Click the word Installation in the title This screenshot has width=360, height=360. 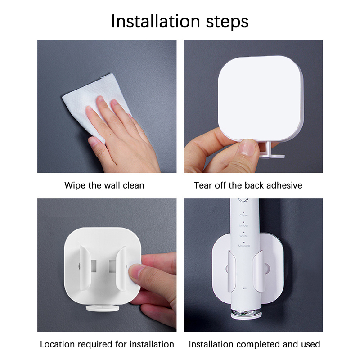(156, 21)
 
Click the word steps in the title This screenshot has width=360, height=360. (227, 22)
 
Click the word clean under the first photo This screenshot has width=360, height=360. (133, 185)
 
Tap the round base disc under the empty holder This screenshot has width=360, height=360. (103, 308)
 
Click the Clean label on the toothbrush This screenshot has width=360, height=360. (243, 216)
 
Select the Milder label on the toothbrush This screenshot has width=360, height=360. (244, 226)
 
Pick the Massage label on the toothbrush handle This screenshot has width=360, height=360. (244, 246)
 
